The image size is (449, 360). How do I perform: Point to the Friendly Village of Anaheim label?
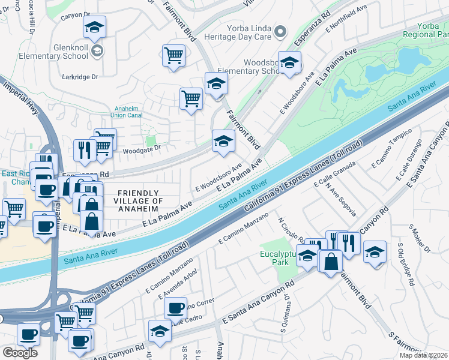[x=138, y=197]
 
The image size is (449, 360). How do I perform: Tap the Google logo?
[x=20, y=352]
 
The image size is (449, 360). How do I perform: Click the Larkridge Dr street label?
[x=80, y=77]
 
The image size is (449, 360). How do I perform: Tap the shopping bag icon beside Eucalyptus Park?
[x=331, y=260]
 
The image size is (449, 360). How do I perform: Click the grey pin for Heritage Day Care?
[x=279, y=31]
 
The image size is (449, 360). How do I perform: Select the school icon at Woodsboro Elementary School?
[x=290, y=62]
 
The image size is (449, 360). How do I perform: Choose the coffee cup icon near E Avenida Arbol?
[x=175, y=308]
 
